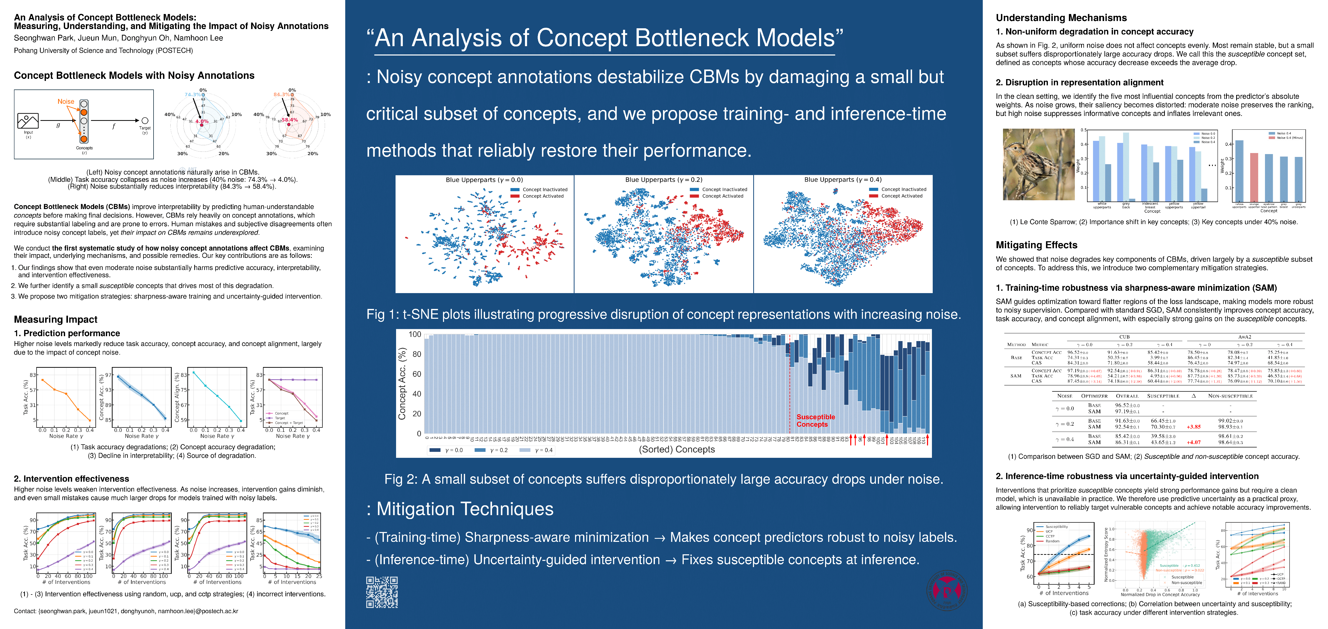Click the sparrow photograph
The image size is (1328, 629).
click(x=1038, y=164)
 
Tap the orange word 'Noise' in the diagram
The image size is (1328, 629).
click(x=66, y=102)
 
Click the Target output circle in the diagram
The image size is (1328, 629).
click(x=145, y=121)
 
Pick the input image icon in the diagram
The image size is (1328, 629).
click(x=28, y=121)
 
